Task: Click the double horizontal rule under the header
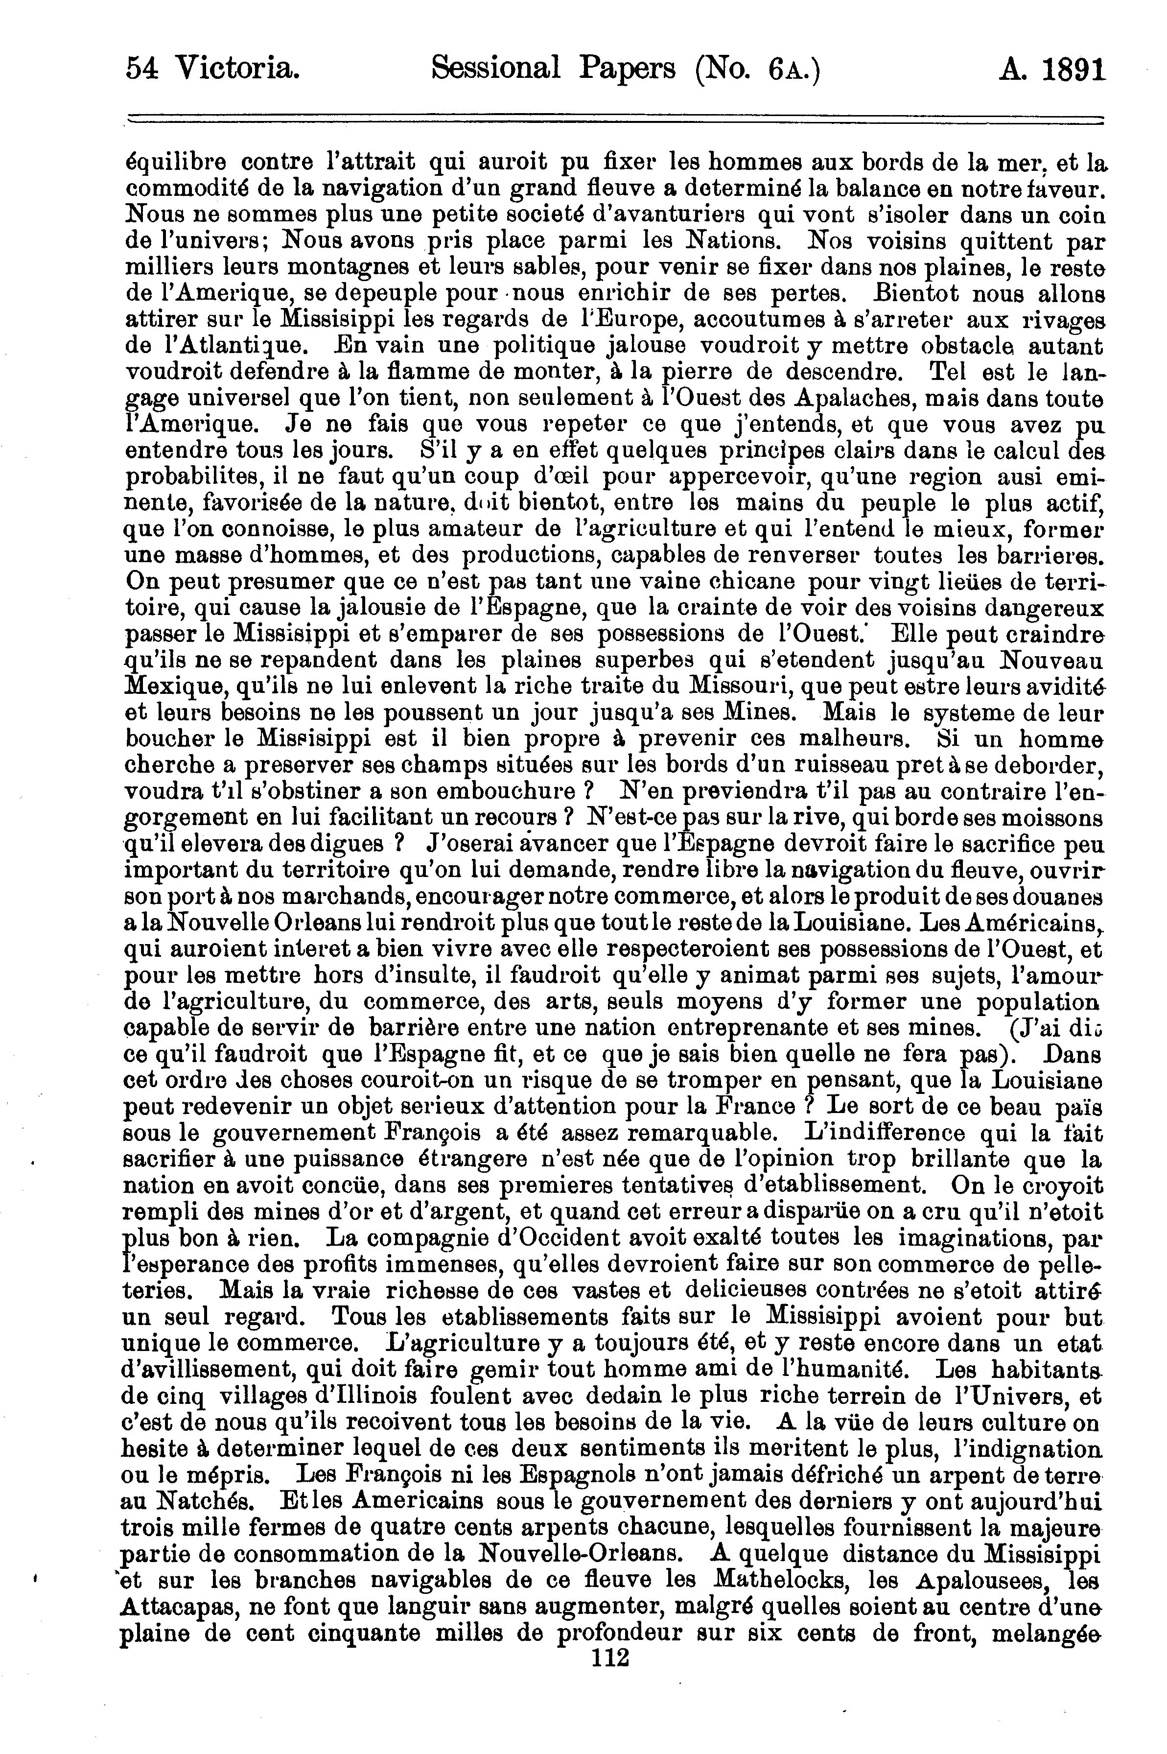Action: tap(615, 119)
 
